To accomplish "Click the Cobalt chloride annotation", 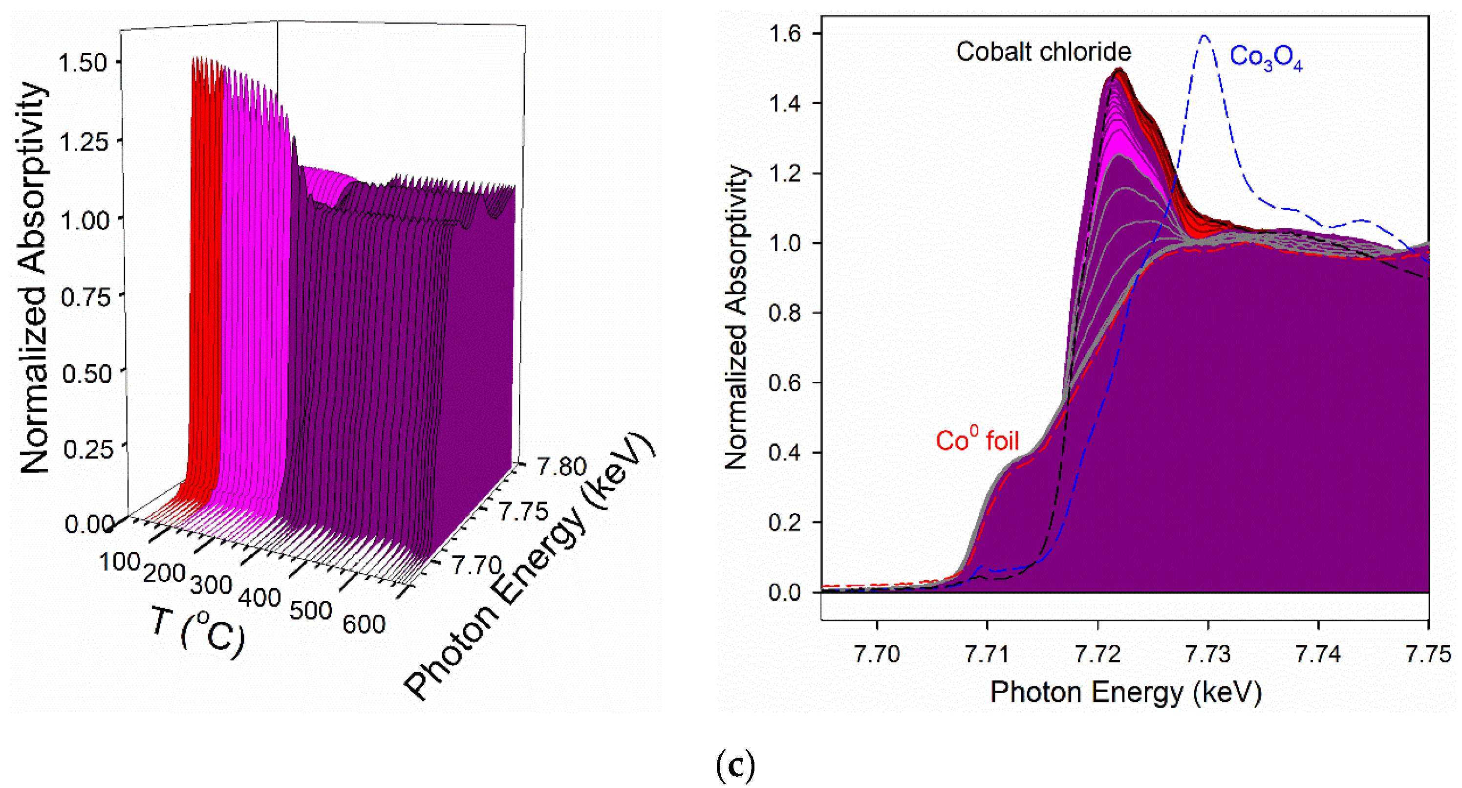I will [x=1043, y=52].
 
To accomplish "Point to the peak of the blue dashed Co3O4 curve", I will [x=1204, y=36].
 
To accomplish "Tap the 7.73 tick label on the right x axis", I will [x=1208, y=655].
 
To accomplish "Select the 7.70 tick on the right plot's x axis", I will [x=877, y=655].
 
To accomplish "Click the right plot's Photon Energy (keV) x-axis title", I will [x=1125, y=693].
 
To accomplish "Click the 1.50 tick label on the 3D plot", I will [x=83, y=63].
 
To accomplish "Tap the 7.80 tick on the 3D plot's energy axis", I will [x=561, y=467].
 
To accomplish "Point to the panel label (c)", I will [x=735, y=766].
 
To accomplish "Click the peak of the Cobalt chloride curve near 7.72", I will [x=1118, y=70].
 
